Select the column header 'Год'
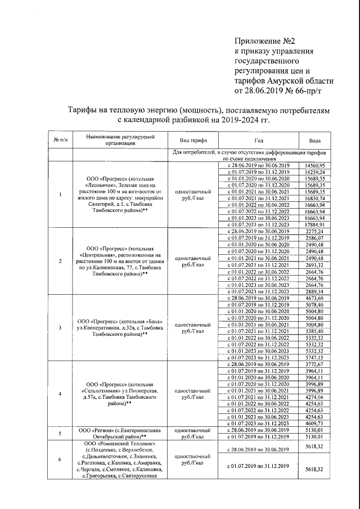point(258,141)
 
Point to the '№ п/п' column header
point(60,141)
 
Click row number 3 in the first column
point(60,327)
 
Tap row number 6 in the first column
point(60,459)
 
